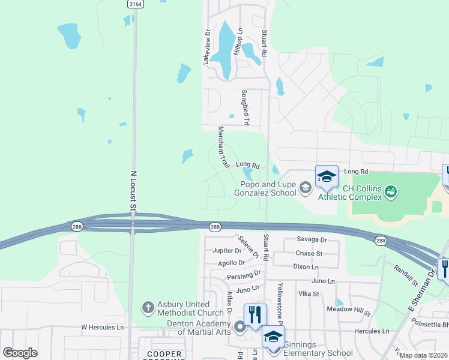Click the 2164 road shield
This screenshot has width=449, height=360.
coord(136,4)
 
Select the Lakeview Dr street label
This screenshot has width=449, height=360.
coord(206,48)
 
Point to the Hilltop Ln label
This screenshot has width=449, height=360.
coord(238,43)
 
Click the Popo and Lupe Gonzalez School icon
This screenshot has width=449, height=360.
coord(306,188)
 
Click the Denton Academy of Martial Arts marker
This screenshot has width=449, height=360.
coord(240,327)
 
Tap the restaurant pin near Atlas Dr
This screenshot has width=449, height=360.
coord(255,314)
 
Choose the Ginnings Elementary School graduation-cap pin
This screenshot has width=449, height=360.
coord(273,336)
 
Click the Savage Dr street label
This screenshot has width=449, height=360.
coord(311,239)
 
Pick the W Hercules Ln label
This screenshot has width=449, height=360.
coord(102,328)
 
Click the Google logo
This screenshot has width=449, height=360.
coord(20,353)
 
